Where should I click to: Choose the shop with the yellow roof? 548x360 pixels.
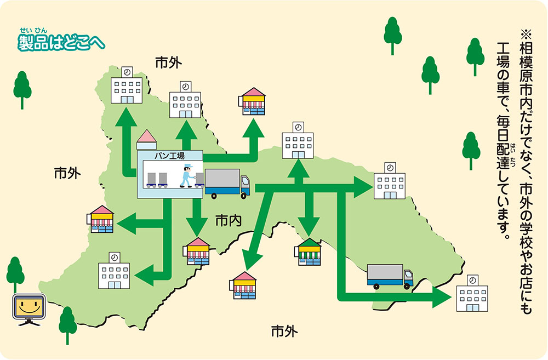101,218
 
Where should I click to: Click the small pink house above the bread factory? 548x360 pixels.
147,140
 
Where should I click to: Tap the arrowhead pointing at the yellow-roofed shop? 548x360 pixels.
125,224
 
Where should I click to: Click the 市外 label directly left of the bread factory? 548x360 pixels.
67,174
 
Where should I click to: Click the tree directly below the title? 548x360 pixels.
22,88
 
